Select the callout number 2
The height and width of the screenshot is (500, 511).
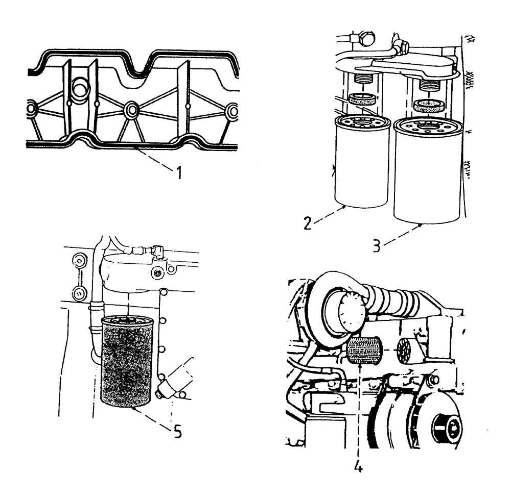(x=307, y=223)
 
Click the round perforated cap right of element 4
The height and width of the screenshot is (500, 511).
(x=408, y=351)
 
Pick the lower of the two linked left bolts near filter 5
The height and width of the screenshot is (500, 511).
(x=79, y=293)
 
